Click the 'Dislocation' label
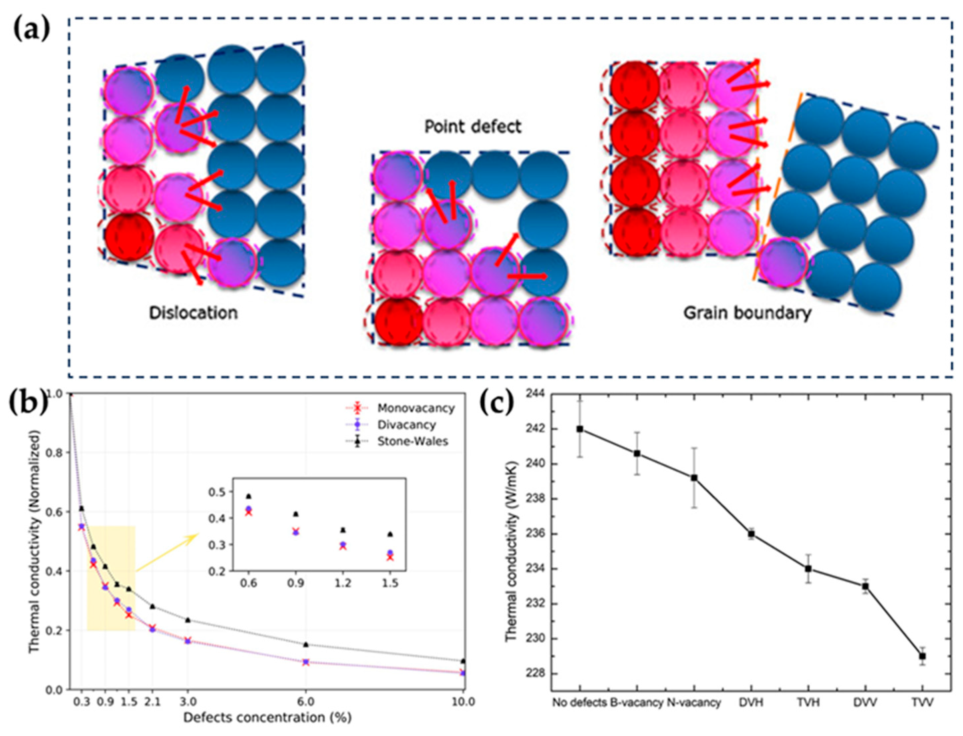(194, 313)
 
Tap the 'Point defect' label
(473, 126)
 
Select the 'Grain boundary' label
(747, 313)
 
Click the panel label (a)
(32, 31)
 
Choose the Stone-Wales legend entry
(412, 441)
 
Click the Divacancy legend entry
(406, 425)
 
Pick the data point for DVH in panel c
(751, 534)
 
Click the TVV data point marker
(922, 656)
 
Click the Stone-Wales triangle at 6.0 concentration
(306, 644)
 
